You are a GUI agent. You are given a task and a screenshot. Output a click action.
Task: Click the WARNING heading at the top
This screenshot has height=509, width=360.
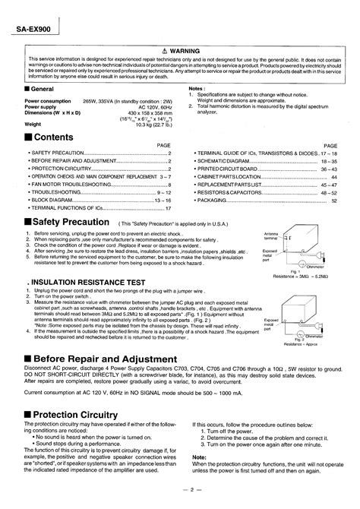click(185, 51)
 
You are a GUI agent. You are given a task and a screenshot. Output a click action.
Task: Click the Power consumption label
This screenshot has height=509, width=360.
click(48, 100)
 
